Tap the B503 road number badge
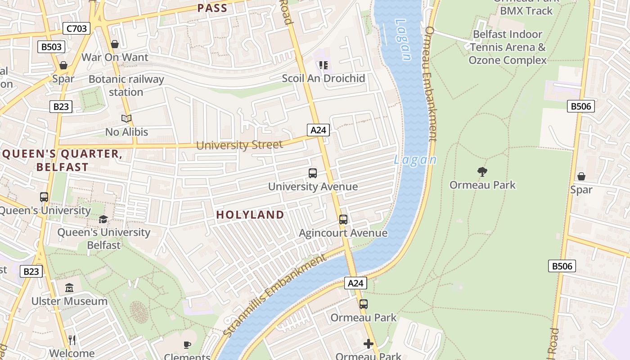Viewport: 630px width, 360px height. [x=51, y=46]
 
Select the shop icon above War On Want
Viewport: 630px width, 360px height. [x=115, y=44]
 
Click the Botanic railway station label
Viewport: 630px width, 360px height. [x=126, y=85]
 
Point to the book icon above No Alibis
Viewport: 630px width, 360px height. [x=126, y=119]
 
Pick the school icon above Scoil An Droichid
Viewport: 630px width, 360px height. [x=323, y=65]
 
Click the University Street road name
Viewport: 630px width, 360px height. [x=239, y=145]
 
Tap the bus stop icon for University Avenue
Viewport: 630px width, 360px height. [x=312, y=173]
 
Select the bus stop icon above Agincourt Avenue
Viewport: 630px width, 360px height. [x=343, y=220]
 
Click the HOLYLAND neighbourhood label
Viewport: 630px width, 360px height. [x=250, y=215]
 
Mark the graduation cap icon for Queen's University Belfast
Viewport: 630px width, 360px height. [x=103, y=220]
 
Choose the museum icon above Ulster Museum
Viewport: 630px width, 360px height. [x=69, y=288]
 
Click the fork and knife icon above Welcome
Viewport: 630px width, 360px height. [x=72, y=339]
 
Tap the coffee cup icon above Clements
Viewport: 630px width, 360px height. [x=187, y=345]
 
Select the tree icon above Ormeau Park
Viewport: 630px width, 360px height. [x=482, y=171]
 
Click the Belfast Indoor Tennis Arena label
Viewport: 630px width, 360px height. [x=508, y=47]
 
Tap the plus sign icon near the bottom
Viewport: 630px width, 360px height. [x=369, y=344]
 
